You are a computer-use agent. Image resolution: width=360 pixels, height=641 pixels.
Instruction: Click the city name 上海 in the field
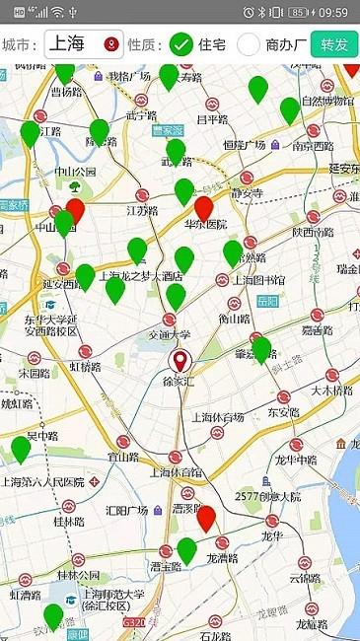pyautogui.click(x=68, y=44)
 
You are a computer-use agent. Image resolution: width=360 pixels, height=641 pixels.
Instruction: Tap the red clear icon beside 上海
pyautogui.click(x=110, y=44)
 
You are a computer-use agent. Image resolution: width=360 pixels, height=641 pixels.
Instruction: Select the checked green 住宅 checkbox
pyautogui.click(x=180, y=44)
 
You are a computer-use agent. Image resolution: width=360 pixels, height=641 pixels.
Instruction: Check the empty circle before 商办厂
pyautogui.click(x=249, y=44)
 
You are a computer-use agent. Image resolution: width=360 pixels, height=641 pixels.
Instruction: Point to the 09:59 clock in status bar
pyautogui.click(x=333, y=12)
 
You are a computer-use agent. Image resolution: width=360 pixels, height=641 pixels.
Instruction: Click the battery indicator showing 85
pyautogui.click(x=297, y=12)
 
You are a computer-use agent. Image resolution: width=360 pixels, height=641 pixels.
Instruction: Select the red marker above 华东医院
pyautogui.click(x=204, y=208)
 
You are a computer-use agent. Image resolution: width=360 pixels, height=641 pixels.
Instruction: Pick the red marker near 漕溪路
pyautogui.click(x=206, y=518)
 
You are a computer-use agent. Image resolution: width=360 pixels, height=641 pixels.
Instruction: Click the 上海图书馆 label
pyautogui.click(x=257, y=279)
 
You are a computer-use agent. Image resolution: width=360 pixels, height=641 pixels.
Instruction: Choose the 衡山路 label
pyautogui.click(x=234, y=319)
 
